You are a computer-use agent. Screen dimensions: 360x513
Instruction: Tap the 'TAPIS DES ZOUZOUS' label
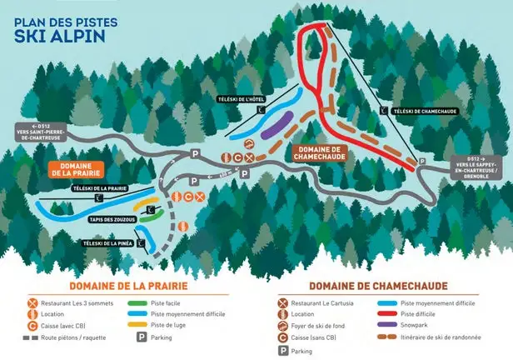(x=111, y=218)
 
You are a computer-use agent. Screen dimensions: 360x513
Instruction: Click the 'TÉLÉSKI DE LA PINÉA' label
(x=107, y=242)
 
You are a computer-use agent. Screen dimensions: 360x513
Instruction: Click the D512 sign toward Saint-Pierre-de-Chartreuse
(x=42, y=129)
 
